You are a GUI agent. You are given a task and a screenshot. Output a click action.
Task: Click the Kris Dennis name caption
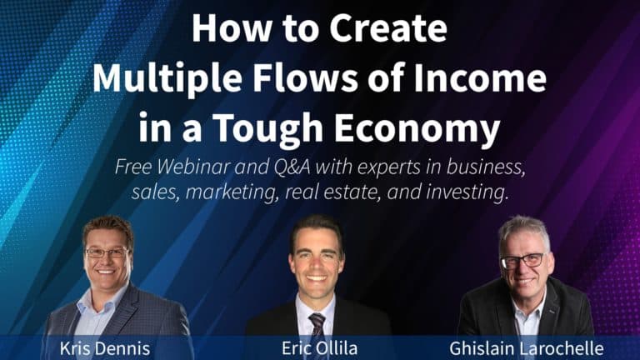(105, 347)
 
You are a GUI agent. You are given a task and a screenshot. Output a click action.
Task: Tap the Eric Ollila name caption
(320, 347)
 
